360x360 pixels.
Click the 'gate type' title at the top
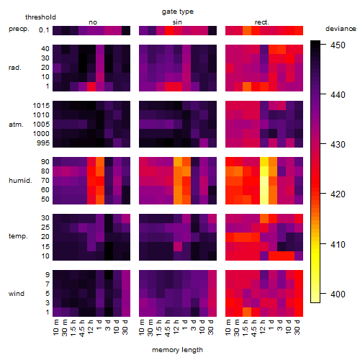point(178,12)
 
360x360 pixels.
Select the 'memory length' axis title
point(177,350)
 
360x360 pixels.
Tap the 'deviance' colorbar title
point(341,29)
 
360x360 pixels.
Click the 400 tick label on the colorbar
point(338,294)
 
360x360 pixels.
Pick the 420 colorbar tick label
point(338,194)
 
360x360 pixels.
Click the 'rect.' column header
point(262,22)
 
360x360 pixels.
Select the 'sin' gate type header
point(177,22)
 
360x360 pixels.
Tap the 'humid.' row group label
point(20,181)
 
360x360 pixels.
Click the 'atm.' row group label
point(16,125)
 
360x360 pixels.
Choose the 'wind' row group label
point(17,294)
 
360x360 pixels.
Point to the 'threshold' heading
point(40,17)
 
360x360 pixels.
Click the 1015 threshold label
point(41,106)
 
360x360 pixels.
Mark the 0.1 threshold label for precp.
point(44,30)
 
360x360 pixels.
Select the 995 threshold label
point(43,143)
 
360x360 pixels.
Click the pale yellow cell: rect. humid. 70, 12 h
point(264,181)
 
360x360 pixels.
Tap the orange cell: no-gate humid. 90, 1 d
point(100,162)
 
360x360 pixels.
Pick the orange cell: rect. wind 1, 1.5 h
point(247,312)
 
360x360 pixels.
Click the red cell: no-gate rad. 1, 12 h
point(91,86)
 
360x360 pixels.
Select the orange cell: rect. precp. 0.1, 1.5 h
point(247,30)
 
